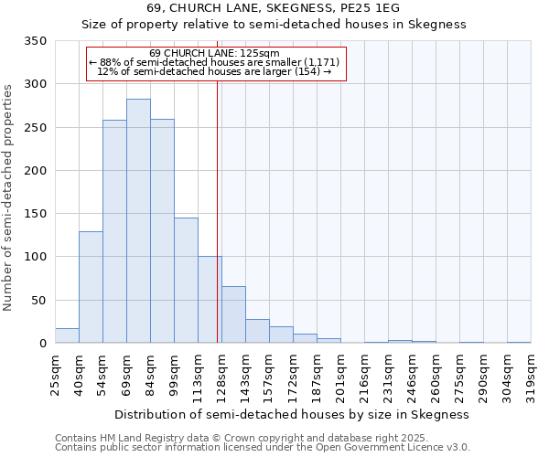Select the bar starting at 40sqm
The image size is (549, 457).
point(91,287)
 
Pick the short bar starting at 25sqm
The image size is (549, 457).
point(67,335)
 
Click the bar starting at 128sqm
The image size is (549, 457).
point(233,314)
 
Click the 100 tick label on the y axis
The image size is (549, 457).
point(37,257)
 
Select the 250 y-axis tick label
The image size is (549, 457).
point(37,128)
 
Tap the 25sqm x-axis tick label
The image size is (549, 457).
point(56,372)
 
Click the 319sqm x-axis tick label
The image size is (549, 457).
point(532,372)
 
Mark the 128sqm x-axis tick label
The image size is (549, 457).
point(222,372)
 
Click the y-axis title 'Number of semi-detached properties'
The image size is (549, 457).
point(8,197)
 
